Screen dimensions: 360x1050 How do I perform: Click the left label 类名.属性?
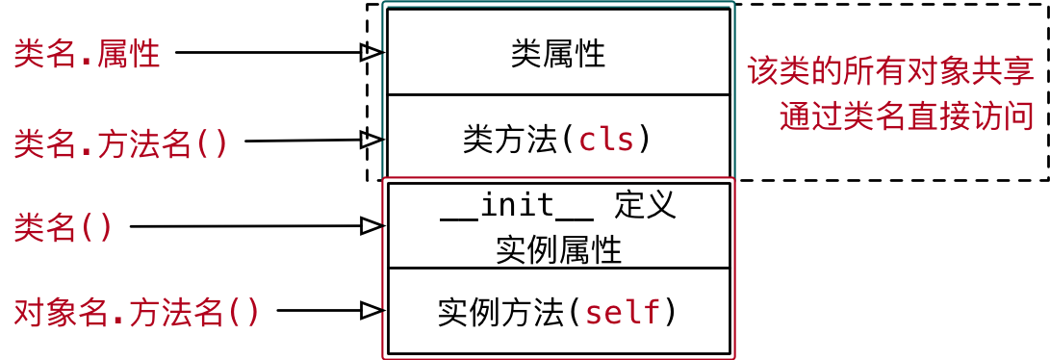tap(88, 54)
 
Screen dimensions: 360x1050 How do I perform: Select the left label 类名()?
tap(64, 227)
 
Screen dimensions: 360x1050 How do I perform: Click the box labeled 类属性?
tap(558, 53)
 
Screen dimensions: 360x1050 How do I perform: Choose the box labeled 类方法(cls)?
tap(558, 140)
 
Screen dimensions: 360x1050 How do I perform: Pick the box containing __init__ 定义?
tap(558, 226)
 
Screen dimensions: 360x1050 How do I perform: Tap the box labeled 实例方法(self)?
tap(558, 312)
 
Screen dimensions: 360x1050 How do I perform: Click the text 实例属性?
tap(558, 250)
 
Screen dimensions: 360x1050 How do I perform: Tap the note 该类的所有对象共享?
tap(890, 72)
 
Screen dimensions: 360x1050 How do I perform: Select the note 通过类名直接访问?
tap(907, 116)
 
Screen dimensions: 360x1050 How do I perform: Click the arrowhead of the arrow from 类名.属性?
tap(371, 53)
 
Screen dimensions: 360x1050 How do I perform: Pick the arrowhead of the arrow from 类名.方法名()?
tap(371, 140)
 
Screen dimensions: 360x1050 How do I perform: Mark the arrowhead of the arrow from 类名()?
tap(371, 226)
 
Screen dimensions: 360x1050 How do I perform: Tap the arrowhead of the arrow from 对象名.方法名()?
tap(371, 310)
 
